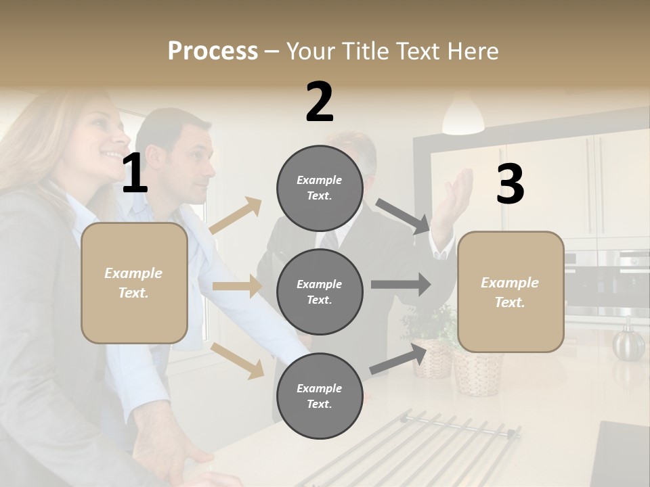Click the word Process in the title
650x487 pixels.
(213, 51)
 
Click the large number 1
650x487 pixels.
(135, 174)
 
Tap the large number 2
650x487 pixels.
(320, 102)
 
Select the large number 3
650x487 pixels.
(510, 184)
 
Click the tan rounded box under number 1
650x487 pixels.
(134, 283)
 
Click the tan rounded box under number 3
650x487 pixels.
(511, 292)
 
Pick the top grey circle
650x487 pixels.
(320, 187)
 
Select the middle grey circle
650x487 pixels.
(320, 292)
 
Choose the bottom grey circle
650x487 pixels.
(320, 396)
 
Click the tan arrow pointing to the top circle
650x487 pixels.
(236, 216)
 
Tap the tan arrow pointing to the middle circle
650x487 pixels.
(237, 286)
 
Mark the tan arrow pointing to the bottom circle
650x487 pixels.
(238, 361)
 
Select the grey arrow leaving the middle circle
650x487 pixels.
(401, 284)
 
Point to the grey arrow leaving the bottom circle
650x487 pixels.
(398, 358)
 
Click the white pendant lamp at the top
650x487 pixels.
(464, 116)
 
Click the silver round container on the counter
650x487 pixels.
(629, 343)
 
